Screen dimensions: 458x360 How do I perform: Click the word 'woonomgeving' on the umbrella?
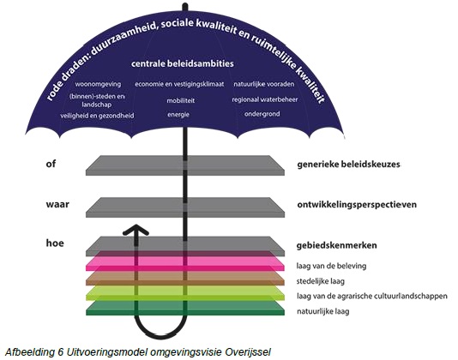98,84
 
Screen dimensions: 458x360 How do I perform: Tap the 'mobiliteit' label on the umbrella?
180,101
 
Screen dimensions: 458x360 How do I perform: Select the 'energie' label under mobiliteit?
178,115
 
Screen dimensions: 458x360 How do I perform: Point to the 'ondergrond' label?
262,114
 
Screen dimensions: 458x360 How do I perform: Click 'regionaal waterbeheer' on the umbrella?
265,99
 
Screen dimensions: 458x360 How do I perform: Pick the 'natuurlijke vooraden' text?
264,84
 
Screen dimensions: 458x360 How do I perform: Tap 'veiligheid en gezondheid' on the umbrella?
97,116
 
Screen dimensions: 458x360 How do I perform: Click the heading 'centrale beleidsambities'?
183,63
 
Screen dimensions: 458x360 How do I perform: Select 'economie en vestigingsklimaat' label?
179,84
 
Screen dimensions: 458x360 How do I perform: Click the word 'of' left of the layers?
51,164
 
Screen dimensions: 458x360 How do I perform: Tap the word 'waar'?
57,204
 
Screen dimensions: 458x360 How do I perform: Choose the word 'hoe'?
55,243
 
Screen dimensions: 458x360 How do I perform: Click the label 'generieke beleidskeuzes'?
348,165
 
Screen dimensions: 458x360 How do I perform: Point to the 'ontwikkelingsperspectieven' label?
357,205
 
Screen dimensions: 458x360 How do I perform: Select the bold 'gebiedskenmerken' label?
336,245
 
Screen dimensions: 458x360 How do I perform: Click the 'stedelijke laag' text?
321,281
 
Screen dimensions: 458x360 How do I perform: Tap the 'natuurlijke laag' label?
322,311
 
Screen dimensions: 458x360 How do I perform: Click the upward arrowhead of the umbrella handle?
136,230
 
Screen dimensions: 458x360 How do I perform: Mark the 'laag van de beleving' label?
331,266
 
